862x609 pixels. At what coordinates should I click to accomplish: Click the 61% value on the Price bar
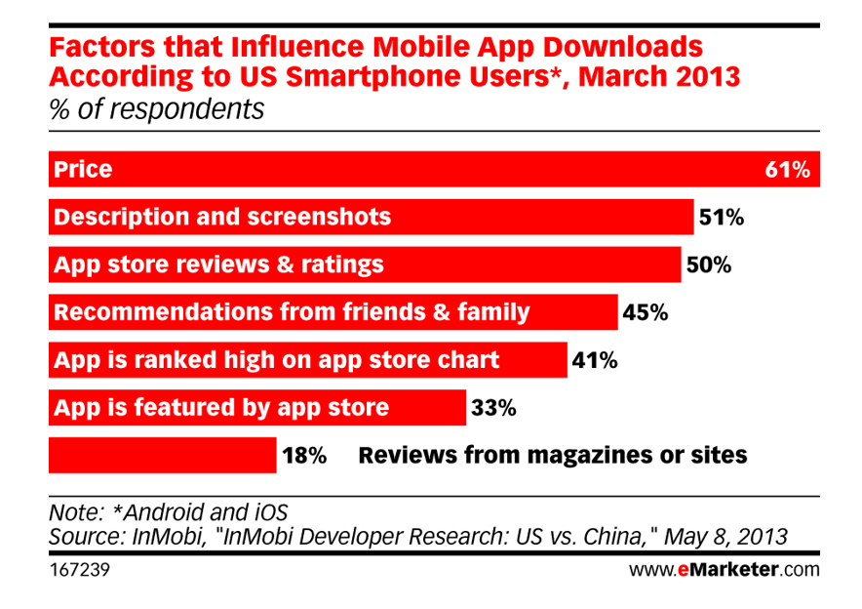pos(788,170)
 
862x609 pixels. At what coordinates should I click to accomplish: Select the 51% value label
pos(721,217)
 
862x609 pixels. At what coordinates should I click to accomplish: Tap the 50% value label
pos(709,264)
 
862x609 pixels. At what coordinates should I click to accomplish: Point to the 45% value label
pos(646,312)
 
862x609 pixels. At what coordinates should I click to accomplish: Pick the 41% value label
pos(595,360)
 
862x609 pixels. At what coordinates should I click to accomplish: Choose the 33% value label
pos(492,407)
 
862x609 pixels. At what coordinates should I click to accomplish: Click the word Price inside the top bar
pos(83,170)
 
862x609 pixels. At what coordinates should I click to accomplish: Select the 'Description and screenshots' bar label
pos(222,217)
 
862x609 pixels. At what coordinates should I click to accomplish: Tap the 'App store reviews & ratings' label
pos(218,264)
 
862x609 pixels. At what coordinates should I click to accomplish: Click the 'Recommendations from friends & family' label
pos(292,312)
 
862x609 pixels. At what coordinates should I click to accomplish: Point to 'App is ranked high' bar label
pos(276,360)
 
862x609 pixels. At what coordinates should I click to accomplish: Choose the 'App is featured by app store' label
pos(221,407)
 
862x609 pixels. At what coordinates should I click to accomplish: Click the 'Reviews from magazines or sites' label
pos(553,455)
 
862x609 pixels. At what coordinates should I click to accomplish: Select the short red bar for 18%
pos(162,455)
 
